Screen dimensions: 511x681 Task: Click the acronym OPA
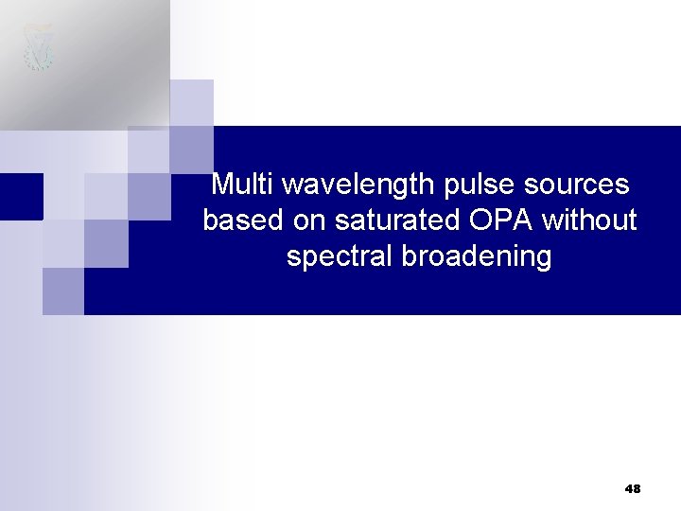coord(500,220)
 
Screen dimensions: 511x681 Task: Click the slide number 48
coord(633,489)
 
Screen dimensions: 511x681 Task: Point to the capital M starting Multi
coord(222,184)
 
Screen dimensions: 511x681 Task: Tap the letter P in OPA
coord(501,220)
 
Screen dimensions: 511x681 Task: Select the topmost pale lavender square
coord(191,102)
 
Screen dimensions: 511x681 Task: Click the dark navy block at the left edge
coord(21,196)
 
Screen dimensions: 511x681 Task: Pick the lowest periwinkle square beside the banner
coord(62,291)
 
